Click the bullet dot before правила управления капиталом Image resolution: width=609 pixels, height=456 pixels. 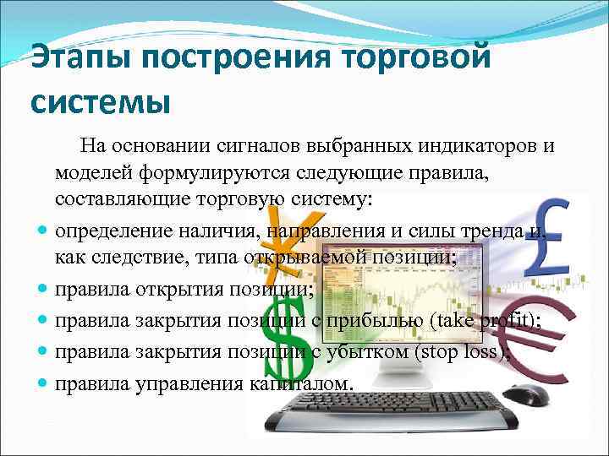(x=41, y=383)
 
